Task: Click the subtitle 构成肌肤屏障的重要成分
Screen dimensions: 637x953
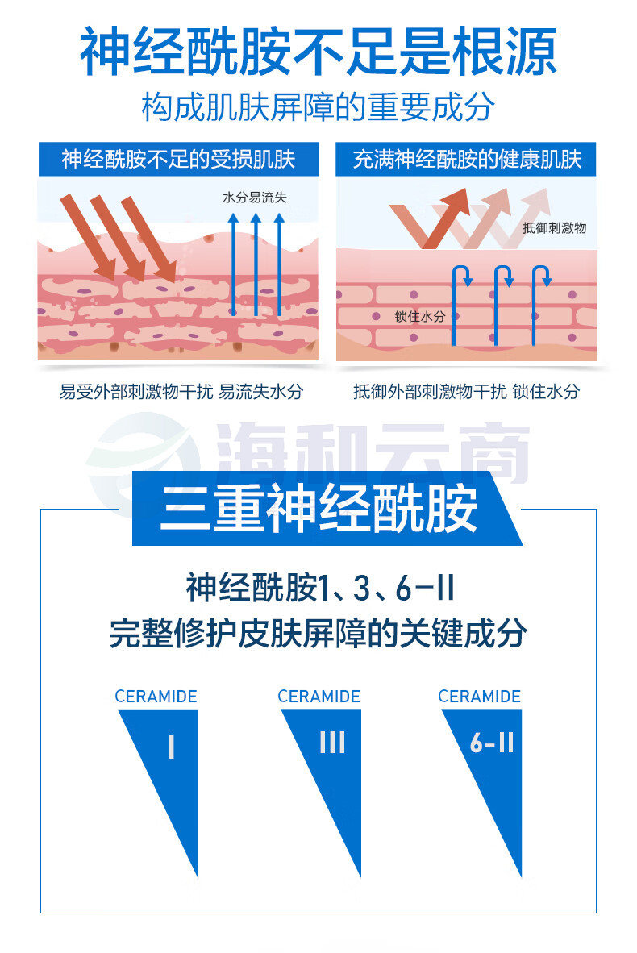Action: [x=318, y=107]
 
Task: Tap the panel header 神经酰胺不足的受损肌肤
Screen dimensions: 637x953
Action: [x=179, y=160]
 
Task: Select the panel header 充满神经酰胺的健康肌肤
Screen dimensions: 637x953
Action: [x=467, y=160]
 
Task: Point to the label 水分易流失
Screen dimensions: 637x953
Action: [x=255, y=197]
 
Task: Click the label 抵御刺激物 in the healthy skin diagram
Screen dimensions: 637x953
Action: [x=554, y=228]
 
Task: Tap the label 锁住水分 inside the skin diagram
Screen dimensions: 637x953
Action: [x=419, y=316]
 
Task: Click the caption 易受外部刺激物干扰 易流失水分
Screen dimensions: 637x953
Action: [x=181, y=391]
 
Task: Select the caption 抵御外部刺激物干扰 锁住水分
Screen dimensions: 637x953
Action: [x=466, y=391]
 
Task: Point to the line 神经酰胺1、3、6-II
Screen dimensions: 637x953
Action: [x=320, y=588]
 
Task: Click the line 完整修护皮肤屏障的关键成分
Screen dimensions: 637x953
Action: [x=318, y=633]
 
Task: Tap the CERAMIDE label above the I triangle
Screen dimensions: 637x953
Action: [x=156, y=697]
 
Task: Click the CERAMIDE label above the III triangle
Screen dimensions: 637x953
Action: [x=319, y=697]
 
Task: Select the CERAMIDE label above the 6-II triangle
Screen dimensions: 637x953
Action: [x=480, y=697]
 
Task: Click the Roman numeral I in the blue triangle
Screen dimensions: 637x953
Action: [x=172, y=747]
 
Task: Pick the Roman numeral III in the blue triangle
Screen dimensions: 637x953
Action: [x=332, y=742]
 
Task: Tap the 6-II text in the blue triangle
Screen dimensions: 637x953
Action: [x=493, y=742]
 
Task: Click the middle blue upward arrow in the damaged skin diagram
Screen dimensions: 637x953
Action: [x=256, y=264]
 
